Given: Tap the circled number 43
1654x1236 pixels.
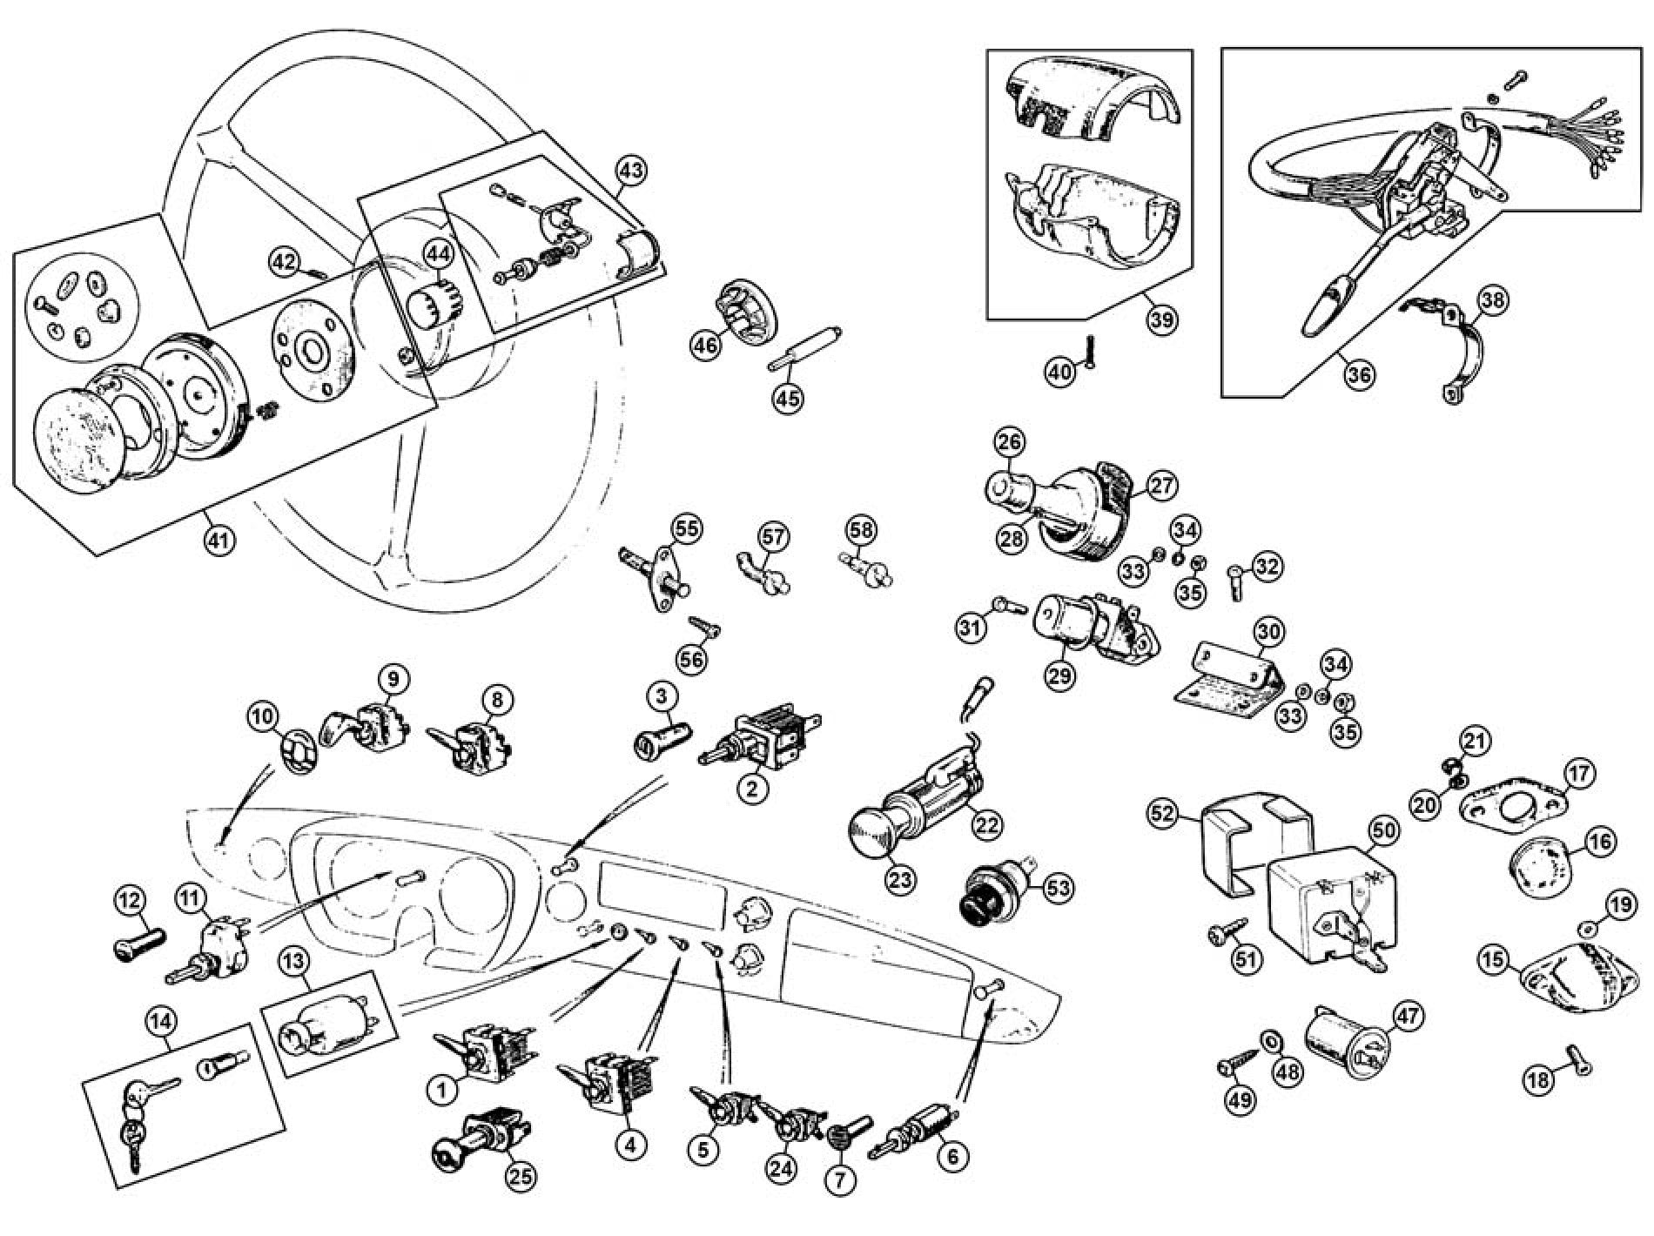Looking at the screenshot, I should tap(632, 171).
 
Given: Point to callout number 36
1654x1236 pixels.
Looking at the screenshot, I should tap(1359, 374).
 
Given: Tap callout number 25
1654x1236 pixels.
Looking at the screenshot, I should tap(522, 1176).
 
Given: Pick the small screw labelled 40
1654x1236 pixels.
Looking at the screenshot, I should tap(1088, 352).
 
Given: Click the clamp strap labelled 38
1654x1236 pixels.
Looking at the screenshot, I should tap(1456, 357).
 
